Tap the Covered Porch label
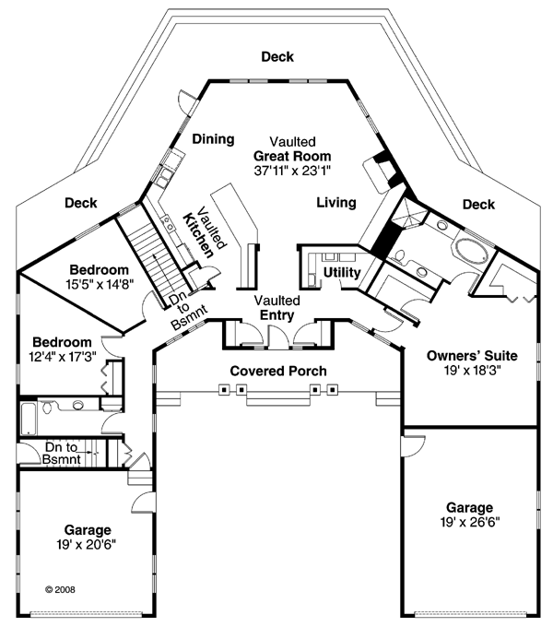pyautogui.click(x=278, y=371)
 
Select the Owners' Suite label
pyautogui.click(x=471, y=355)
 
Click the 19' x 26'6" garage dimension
pyautogui.click(x=470, y=522)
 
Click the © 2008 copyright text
pyautogui.click(x=60, y=586)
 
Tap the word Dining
pyautogui.click(x=214, y=139)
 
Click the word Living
pyautogui.click(x=337, y=202)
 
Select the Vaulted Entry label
pyautogui.click(x=276, y=309)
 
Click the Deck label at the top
pyautogui.click(x=276, y=57)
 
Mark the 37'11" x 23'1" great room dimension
pyautogui.click(x=292, y=171)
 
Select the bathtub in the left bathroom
pyautogui.click(x=28, y=420)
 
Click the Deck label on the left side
pyautogui.click(x=81, y=204)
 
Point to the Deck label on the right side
pyautogui.click(x=478, y=204)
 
